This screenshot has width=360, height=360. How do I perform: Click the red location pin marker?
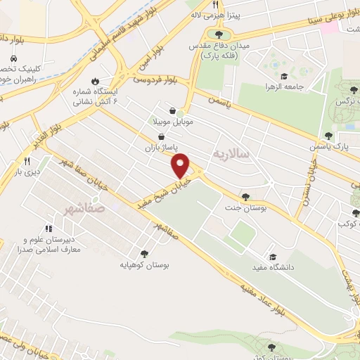click(x=181, y=165)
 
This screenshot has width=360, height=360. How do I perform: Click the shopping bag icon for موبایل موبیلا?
click(x=173, y=110)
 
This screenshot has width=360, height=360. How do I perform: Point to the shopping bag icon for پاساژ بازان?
click(x=162, y=136)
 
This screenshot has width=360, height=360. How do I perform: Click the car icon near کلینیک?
click(x=14, y=59)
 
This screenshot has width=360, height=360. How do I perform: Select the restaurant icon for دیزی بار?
click(x=27, y=161)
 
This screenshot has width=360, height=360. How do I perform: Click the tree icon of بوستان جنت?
click(x=245, y=197)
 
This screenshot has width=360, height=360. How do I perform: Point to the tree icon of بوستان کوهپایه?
click(x=144, y=254)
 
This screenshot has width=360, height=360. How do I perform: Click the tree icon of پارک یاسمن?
click(x=328, y=135)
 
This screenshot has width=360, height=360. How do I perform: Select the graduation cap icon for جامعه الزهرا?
click(x=283, y=77)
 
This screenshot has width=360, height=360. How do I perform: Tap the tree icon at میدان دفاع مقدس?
click(x=219, y=33)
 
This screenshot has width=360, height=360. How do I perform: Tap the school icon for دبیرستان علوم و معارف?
click(x=49, y=229)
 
